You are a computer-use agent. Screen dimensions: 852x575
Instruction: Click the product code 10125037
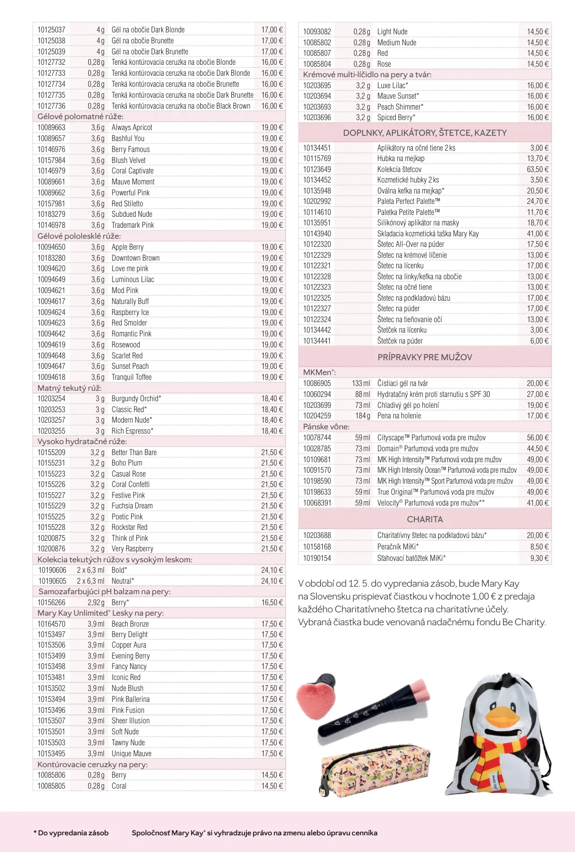click(51, 30)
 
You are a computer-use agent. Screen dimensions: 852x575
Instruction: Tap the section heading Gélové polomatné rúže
click(80, 117)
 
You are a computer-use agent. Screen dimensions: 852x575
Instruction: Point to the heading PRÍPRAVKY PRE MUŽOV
click(425, 357)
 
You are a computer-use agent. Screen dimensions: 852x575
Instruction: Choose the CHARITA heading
click(425, 519)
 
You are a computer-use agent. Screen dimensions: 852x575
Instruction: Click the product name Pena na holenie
click(399, 416)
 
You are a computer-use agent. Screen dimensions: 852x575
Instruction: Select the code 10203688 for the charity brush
click(317, 535)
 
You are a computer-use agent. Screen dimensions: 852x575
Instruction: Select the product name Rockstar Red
click(129, 527)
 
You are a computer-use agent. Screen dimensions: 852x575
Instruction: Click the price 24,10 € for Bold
click(272, 570)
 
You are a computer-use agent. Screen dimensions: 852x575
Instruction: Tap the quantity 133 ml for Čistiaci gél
click(361, 383)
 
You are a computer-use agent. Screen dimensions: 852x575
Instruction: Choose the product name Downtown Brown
click(135, 258)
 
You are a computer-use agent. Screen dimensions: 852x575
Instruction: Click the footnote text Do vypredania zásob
click(73, 833)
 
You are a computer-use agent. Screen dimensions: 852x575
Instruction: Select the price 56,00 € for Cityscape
click(537, 437)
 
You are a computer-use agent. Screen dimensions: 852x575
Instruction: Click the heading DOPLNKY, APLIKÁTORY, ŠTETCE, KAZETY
click(425, 133)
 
